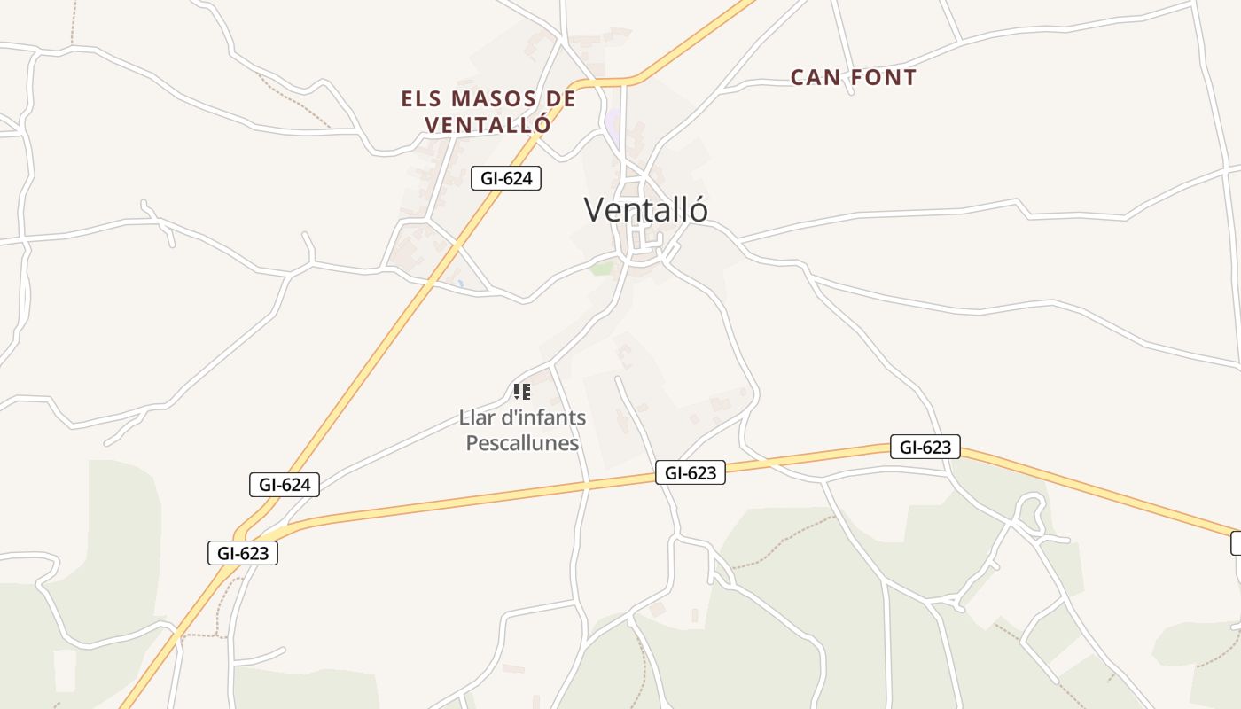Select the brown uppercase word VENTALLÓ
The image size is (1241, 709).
pos(488,125)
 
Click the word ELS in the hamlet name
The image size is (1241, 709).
pos(421,98)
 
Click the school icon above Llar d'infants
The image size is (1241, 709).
pos(522,391)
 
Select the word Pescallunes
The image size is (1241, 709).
pos(522,443)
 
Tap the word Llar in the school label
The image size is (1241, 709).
pos(475,417)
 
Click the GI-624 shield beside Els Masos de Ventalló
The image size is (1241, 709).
pos(505,178)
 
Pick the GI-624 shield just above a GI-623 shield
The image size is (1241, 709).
pos(284,485)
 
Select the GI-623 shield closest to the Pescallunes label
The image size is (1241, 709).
pos(691,473)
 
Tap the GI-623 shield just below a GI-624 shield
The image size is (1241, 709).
pos(243,553)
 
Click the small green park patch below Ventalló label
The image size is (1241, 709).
pos(603,268)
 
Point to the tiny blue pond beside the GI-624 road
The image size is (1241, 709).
pos(460,284)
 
